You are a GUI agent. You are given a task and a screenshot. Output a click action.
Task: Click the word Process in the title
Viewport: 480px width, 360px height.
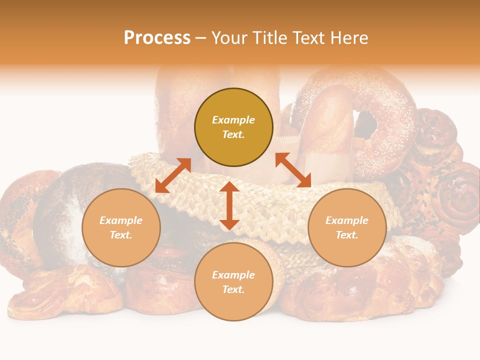tap(157, 38)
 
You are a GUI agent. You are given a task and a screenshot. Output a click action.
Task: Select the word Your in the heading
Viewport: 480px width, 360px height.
tap(230, 38)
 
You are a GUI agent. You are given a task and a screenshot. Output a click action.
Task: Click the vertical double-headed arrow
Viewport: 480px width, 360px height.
tap(229, 205)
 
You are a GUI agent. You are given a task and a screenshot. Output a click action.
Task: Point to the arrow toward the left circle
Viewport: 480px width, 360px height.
tap(173, 175)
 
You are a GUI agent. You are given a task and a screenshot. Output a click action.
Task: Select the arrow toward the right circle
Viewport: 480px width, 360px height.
tap(293, 170)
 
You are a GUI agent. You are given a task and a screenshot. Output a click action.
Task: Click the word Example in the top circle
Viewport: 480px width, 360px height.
tap(233, 120)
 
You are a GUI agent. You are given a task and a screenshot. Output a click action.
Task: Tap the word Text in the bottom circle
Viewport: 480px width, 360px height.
tap(233, 289)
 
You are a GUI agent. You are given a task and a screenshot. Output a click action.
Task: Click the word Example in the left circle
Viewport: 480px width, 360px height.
tap(121, 220)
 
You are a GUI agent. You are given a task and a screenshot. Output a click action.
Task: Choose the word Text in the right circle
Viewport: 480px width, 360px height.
tap(347, 235)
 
